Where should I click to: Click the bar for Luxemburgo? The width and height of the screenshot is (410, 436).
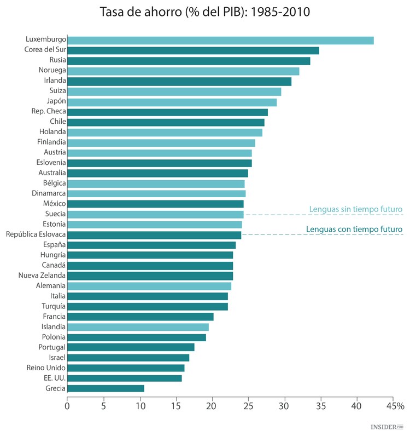pos(220,40)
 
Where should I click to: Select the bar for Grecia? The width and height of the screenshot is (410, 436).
pos(106,388)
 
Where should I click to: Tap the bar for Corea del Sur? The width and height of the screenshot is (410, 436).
pos(193,50)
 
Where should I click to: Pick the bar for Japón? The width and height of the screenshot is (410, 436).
pos(172,102)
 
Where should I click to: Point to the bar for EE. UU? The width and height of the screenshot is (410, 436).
pos(125,378)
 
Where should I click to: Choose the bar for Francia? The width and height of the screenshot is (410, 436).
pos(140,317)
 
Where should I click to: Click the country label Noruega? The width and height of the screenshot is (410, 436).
pos(52,71)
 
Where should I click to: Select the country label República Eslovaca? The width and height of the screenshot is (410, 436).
pos(36,234)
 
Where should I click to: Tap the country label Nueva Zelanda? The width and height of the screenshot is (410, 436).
pos(42,276)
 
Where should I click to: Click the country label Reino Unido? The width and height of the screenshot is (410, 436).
pos(46,368)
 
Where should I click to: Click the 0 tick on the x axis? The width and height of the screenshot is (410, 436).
pos(67,406)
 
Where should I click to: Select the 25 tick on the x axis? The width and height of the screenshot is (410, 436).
pos(249,406)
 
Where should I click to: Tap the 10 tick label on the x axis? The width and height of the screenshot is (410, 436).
pos(140,406)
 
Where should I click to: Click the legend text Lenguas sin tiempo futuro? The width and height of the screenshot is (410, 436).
pos(356,209)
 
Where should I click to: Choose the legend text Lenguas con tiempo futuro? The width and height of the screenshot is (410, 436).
pos(355,229)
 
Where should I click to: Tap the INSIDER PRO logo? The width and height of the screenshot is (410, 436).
pos(388,426)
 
